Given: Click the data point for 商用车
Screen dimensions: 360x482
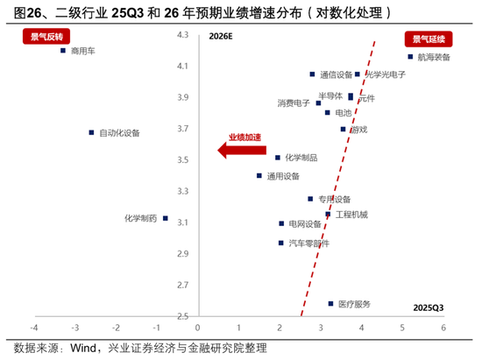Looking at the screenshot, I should point(63,51).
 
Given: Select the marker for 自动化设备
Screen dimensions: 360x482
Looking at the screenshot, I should point(91,132).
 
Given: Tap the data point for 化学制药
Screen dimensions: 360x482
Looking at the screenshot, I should point(165,218).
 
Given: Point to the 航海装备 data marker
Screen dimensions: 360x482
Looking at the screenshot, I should point(410,57).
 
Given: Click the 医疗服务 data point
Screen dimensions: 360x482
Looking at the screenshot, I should point(330,304).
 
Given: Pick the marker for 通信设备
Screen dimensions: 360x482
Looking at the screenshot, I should point(312,74).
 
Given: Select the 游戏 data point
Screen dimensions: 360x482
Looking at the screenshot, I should point(344,129).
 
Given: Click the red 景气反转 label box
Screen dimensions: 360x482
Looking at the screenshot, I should point(41,38).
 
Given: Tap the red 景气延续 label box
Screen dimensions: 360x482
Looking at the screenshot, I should point(425,39).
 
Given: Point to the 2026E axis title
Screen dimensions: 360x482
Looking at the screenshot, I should point(221,38).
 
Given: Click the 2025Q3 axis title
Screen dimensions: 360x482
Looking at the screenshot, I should point(429,307).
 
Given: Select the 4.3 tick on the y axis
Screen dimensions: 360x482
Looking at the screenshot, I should point(182,35).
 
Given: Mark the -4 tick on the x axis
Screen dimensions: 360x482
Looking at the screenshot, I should point(33,328).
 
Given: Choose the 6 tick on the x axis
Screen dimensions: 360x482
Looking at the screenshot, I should point(443,328).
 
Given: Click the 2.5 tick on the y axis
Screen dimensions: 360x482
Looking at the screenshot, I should point(182,316).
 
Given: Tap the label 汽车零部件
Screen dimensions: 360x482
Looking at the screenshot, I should point(309,243).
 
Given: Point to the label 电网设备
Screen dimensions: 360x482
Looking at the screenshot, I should point(306,224).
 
